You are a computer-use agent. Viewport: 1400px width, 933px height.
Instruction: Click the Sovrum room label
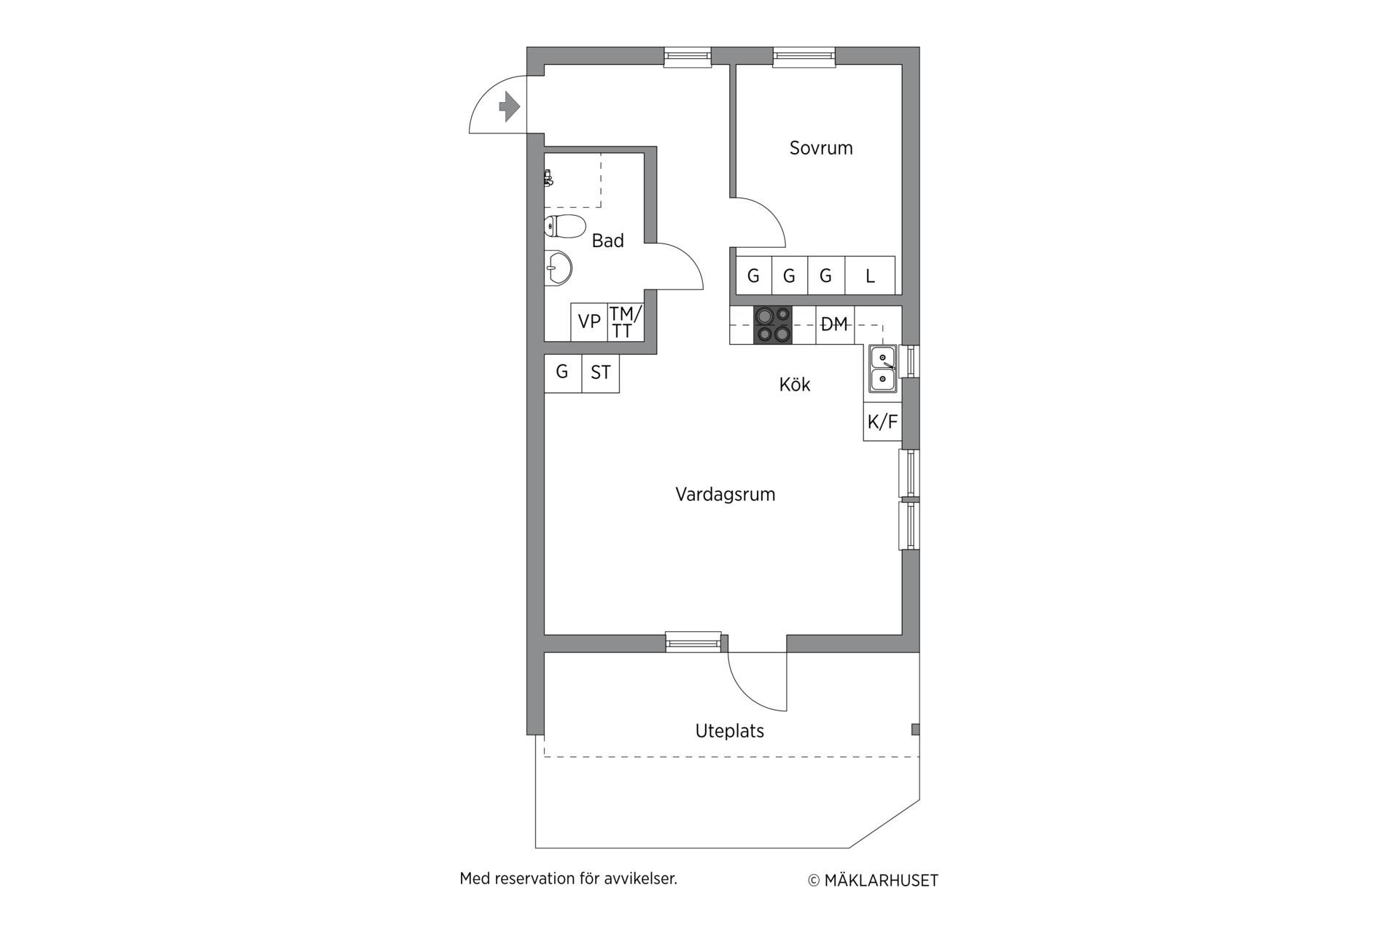coord(821,148)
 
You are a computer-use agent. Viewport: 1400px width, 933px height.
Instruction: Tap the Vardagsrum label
coord(725,494)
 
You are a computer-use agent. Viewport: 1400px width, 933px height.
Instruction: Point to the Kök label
coord(795,384)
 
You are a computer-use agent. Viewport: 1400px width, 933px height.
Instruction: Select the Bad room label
coord(607,241)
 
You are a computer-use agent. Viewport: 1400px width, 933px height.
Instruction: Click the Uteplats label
coord(729,731)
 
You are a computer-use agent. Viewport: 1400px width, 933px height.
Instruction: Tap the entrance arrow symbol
coord(509,107)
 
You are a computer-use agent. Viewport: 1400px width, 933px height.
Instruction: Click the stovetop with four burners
coord(773,324)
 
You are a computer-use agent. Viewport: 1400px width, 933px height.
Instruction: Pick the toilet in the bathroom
coord(564,227)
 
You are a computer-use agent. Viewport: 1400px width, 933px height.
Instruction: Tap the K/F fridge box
coord(882,421)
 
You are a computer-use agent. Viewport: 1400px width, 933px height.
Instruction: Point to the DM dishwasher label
coord(834,324)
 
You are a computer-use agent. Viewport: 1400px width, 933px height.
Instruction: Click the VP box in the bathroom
coord(589,321)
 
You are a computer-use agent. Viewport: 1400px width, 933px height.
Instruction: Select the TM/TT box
coord(626,321)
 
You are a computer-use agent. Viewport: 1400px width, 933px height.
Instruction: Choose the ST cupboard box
coord(601,373)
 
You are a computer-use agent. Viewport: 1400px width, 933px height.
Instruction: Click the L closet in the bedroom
coord(870,276)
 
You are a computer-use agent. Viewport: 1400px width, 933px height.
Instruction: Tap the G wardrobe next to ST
coord(563,373)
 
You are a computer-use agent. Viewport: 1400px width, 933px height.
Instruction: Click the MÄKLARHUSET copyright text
coord(881,881)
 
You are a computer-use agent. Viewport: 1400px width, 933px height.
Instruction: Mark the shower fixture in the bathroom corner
coord(548,177)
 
